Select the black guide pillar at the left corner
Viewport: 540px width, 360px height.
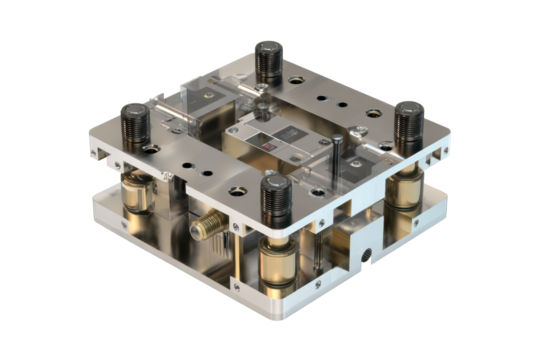point(136,125)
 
